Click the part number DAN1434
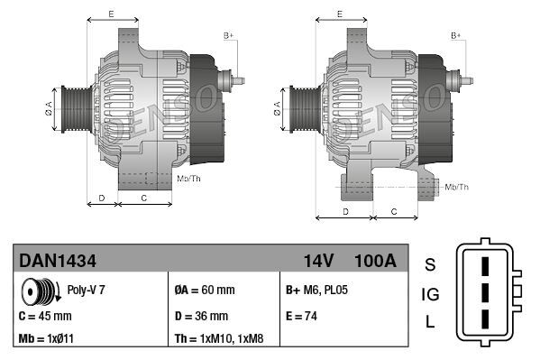click(58, 261)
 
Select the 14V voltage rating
click(318, 261)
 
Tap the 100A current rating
click(374, 261)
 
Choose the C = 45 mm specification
click(45, 317)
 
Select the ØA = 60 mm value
click(204, 291)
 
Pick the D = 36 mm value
click(201, 317)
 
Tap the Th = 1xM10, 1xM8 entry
click(219, 340)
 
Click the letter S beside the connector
click(430, 264)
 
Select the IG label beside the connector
click(430, 294)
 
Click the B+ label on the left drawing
click(229, 34)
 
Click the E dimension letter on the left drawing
click(110, 14)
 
